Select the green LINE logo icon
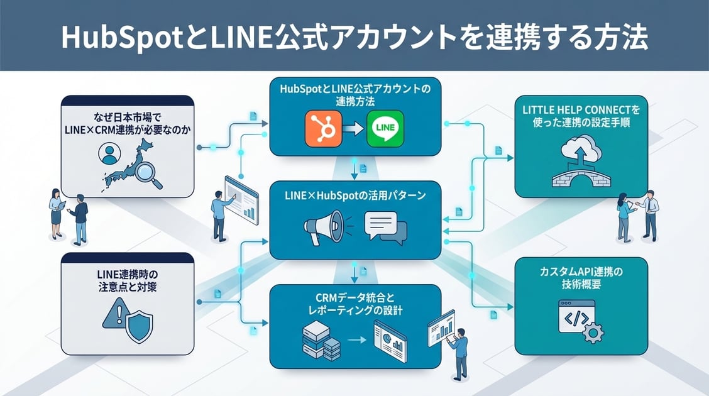click(384, 128)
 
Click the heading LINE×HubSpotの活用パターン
click(355, 196)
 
